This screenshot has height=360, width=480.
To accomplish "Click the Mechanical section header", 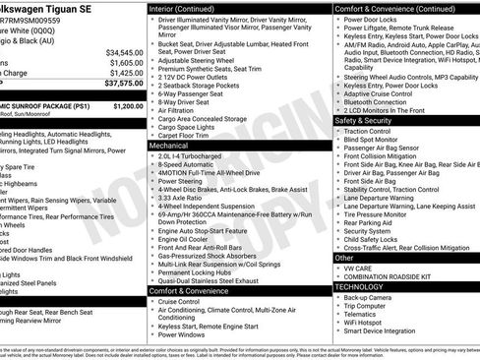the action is coord(171,144).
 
